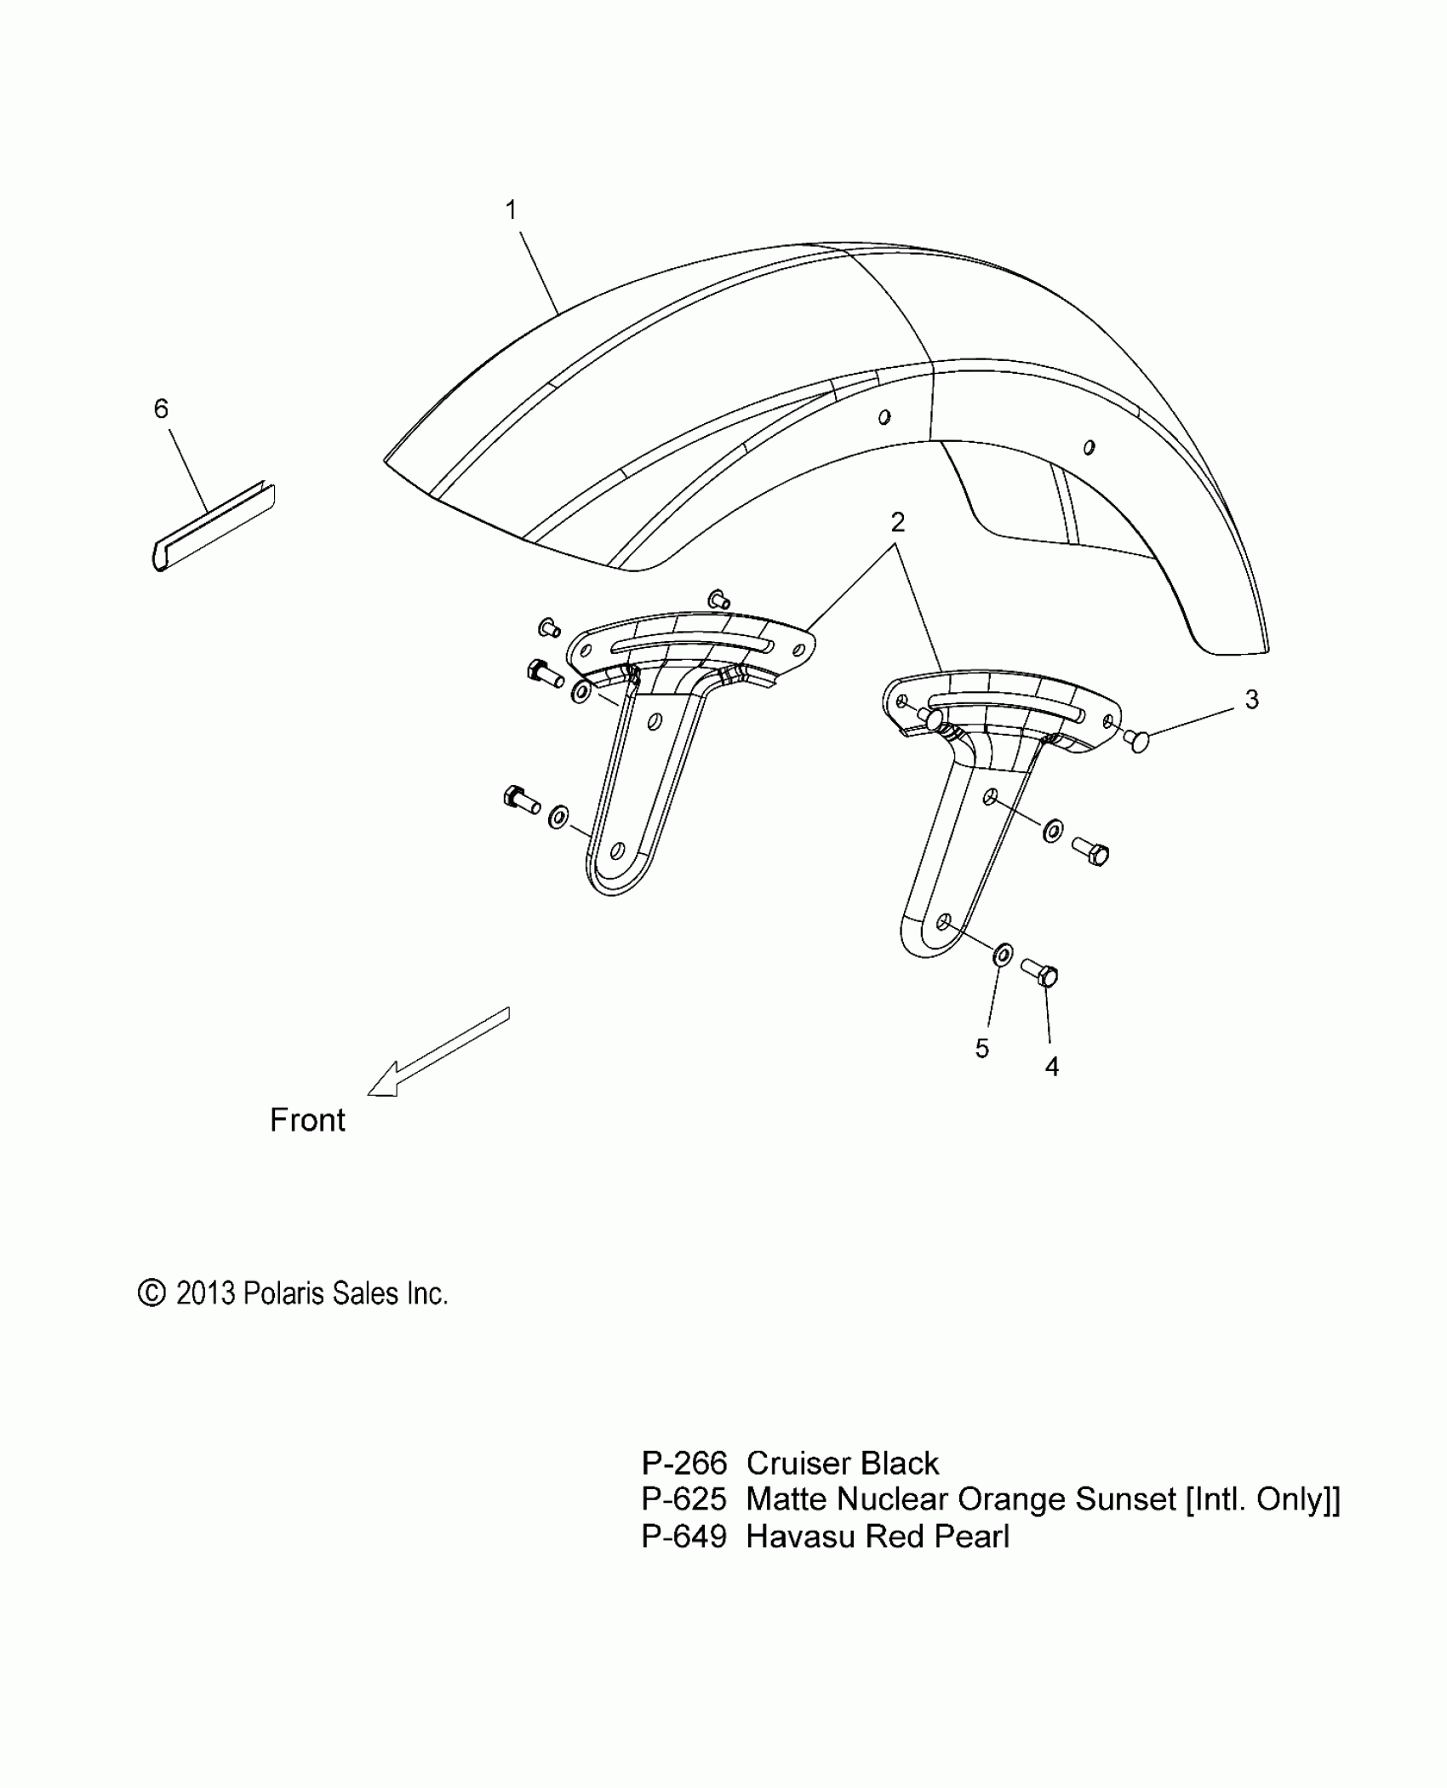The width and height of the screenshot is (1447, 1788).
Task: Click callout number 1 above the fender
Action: (x=511, y=209)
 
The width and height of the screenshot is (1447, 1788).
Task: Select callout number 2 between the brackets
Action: (x=897, y=522)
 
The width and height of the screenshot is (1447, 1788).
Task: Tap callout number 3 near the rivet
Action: (x=1251, y=699)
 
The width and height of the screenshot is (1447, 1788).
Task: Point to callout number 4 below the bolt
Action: (x=1052, y=1066)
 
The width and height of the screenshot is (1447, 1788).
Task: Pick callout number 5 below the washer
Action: (x=982, y=1048)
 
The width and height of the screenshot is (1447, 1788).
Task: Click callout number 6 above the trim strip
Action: (x=161, y=409)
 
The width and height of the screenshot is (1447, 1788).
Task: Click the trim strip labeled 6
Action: (x=213, y=527)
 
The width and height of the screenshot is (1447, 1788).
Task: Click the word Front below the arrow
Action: (x=307, y=1120)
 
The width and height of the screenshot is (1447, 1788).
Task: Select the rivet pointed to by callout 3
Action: (x=1137, y=741)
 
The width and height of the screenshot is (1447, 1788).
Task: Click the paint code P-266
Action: (x=684, y=1464)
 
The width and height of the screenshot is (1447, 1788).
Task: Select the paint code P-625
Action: (x=684, y=1499)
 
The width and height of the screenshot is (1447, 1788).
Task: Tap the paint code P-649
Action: (x=684, y=1536)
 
